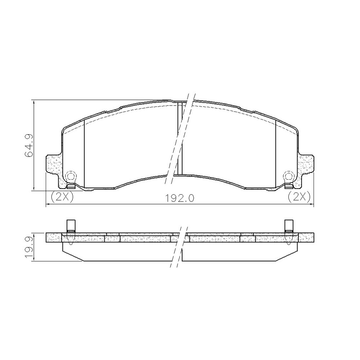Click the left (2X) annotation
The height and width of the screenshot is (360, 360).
pos(62,197)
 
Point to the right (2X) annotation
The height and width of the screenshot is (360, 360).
pos(299,197)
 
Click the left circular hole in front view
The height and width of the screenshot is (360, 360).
pos(70,176)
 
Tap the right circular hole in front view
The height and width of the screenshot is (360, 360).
pos(289,176)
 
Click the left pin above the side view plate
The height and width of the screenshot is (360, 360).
pos(71,226)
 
